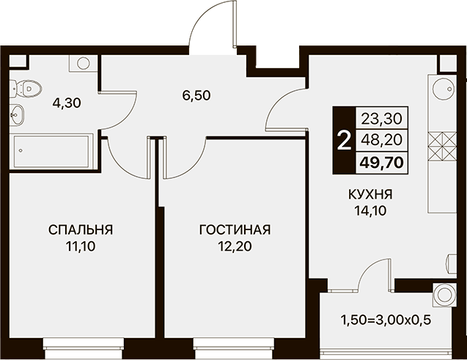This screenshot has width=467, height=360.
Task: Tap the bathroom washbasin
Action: coord(18,114)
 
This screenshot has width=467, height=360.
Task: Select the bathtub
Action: coord(51,151)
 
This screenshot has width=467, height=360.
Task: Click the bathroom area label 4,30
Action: coord(67,103)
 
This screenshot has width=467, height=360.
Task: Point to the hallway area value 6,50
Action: coord(196,95)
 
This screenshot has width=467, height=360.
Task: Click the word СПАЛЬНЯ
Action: coord(81,230)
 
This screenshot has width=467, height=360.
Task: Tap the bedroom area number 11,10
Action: coord(81,246)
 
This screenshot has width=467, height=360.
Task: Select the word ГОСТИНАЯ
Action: coord(235,230)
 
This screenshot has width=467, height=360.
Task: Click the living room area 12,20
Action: coord(235,246)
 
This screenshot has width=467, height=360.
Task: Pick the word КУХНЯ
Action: coord(370,195)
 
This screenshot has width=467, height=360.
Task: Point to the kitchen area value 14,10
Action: coord(370,211)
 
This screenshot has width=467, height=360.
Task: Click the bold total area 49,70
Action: coord(382,163)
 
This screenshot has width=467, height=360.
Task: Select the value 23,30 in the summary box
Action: coord(382,119)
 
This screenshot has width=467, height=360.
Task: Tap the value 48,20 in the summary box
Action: coord(382,139)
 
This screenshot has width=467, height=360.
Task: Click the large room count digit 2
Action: coord(345,141)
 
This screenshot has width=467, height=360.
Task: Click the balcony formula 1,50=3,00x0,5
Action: coord(386,320)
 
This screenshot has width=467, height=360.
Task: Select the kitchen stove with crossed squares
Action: coord(442,146)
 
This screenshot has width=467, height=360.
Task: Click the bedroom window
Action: coord(84,343)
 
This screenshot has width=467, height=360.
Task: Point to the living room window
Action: coord(233,343)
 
